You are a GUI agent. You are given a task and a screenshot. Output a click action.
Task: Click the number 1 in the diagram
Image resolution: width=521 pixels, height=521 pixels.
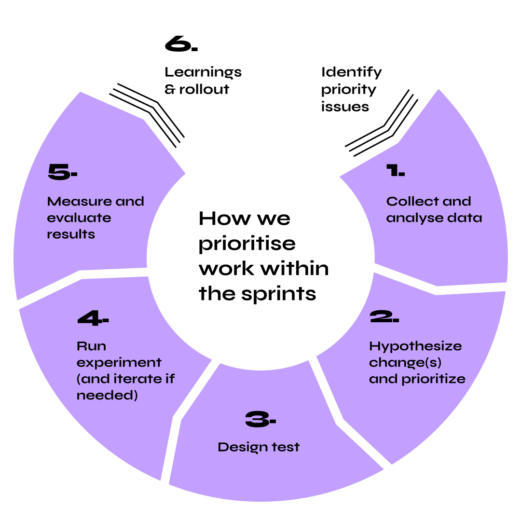point(392,170)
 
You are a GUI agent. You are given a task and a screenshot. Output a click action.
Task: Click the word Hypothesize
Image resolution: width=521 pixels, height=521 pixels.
point(415,346)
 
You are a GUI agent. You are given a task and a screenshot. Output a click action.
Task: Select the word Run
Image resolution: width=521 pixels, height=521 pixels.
point(92,346)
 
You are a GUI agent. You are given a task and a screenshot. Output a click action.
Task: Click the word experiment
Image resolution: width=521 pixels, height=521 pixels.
point(119,363)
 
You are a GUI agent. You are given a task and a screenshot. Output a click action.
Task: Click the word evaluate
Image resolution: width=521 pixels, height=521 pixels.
point(79,218)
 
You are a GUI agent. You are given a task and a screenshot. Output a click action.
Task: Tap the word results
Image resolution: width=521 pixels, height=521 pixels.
point(71,234)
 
